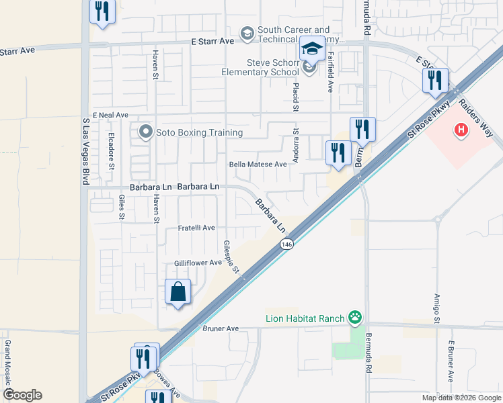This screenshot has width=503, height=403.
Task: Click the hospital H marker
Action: coord(461,130)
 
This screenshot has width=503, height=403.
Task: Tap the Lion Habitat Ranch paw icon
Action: coord(355,317)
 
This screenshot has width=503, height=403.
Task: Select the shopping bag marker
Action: coord(178,292)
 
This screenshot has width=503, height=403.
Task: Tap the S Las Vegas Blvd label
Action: coord(85,148)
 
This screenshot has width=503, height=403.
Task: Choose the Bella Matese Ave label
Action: coord(258,165)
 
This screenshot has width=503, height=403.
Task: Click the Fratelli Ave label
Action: coord(196,228)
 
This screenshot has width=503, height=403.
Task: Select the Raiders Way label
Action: coord(476,118)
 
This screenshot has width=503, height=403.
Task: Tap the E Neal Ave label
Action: coord(110,116)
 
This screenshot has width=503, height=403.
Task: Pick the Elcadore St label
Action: coord(112,150)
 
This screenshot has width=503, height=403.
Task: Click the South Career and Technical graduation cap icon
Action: coord(247,34)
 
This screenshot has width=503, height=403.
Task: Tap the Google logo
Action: coord(22,395)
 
